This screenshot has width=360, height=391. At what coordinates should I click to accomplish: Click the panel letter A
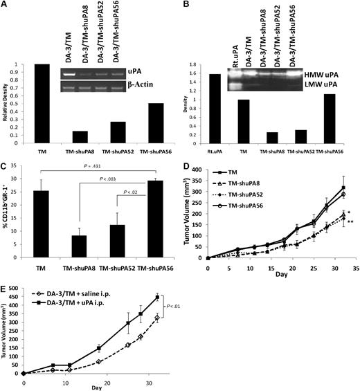tap(6, 6)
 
